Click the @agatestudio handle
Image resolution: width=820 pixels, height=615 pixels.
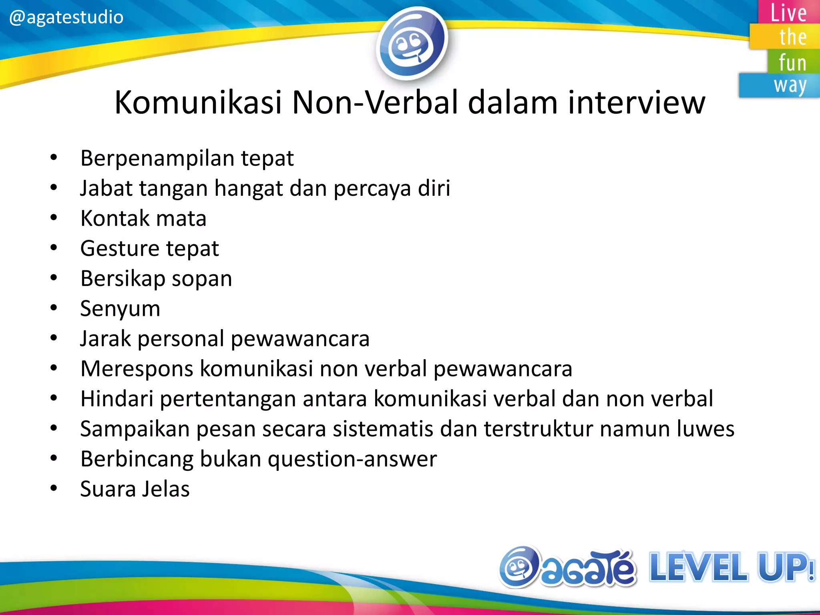point(66,17)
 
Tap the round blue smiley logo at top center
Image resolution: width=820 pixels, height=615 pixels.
point(411,43)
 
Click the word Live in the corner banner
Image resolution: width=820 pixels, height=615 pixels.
point(788,13)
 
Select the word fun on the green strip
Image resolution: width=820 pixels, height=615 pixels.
point(792,62)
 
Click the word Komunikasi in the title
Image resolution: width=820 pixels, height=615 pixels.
point(198,102)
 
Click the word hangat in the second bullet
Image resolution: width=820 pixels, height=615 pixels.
point(248,188)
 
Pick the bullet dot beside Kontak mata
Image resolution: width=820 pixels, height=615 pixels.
point(54,218)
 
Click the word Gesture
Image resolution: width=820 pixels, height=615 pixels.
point(120,249)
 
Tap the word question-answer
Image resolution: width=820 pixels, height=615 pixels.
point(352,459)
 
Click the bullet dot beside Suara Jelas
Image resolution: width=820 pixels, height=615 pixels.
point(54,488)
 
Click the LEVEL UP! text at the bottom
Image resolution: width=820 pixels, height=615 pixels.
point(731,567)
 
